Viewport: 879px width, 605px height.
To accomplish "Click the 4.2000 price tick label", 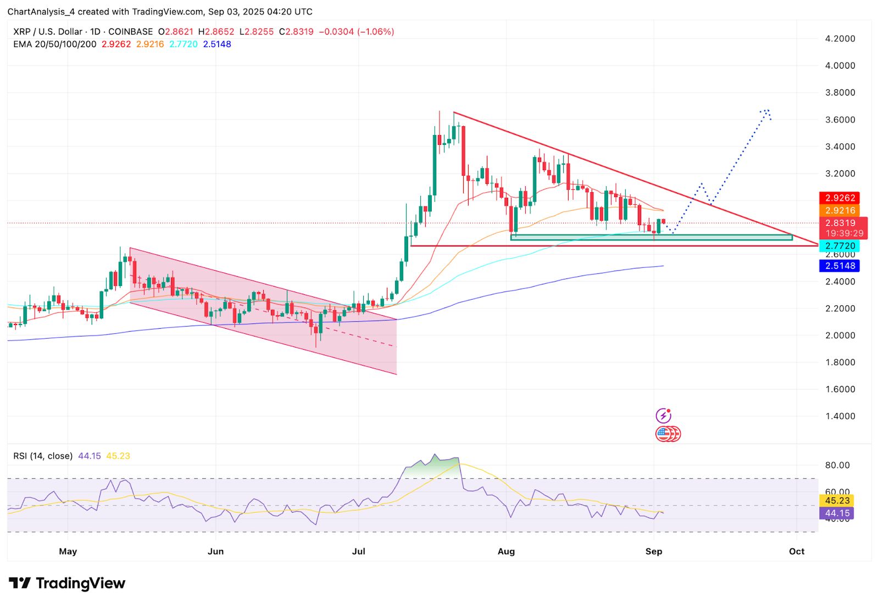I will (x=840, y=38).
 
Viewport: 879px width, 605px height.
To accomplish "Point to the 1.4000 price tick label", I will (x=840, y=416).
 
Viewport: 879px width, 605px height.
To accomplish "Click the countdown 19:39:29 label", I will (x=844, y=233).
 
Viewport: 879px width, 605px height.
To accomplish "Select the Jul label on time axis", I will (x=358, y=551).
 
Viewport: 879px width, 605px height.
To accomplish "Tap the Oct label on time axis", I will (x=796, y=551).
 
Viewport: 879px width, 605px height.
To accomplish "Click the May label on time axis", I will (x=68, y=551).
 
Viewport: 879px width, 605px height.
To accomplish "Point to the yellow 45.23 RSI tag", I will (x=837, y=500).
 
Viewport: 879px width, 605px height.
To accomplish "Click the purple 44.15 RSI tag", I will (x=837, y=513).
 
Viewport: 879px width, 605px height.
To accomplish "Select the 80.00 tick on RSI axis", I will (x=837, y=465).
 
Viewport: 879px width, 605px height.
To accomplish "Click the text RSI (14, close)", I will (x=43, y=456).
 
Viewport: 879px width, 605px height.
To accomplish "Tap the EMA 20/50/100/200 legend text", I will (x=54, y=44).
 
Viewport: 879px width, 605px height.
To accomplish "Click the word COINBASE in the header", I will (x=130, y=32).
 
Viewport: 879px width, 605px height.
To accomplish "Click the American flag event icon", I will (x=664, y=434).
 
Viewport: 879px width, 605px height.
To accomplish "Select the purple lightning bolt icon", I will (x=664, y=416).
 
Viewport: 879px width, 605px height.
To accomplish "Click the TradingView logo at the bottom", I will (x=67, y=583).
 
